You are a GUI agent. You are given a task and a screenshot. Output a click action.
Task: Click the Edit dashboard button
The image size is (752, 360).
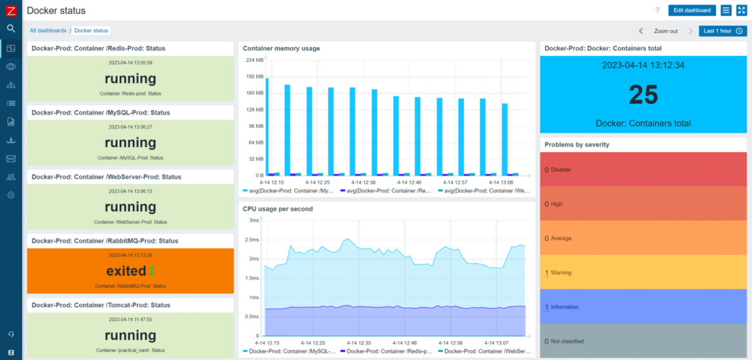click(691, 10)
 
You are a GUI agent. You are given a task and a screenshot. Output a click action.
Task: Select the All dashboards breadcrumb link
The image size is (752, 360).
click(48, 30)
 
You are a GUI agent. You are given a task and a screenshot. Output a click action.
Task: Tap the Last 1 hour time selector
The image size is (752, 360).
click(723, 31)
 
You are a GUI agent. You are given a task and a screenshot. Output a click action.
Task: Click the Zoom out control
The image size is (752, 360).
click(665, 31)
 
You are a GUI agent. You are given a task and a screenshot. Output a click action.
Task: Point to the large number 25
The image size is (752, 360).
click(644, 95)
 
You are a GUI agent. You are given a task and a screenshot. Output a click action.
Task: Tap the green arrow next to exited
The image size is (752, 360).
click(152, 270)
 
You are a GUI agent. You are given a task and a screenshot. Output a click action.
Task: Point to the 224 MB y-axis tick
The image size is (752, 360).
click(255, 60)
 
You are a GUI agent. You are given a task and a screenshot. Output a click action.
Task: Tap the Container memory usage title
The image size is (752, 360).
click(281, 48)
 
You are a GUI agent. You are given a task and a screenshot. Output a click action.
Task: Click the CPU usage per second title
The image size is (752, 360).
click(278, 209)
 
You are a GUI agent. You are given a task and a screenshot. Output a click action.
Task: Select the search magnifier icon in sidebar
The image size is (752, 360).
click(11, 29)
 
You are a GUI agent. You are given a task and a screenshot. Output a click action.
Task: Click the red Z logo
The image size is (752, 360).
click(11, 10)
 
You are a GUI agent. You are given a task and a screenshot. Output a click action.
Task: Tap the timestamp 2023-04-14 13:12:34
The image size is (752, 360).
click(643, 65)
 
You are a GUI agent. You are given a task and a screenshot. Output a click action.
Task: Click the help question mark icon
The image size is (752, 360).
click(657, 10)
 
